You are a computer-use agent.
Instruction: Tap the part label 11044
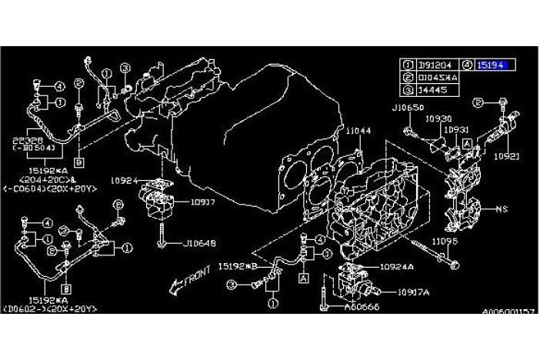point(358,132)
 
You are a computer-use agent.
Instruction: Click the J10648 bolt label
point(199,244)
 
